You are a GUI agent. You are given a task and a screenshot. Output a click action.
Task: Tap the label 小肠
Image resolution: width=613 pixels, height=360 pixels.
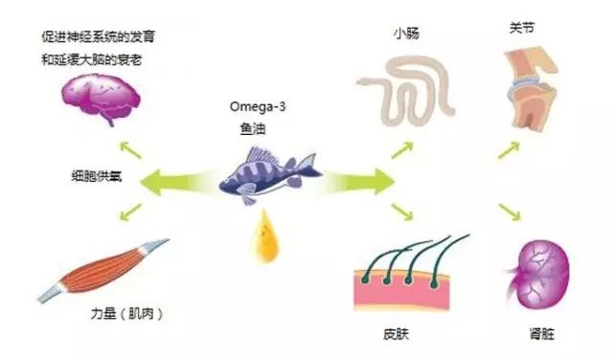pyautogui.click(x=406, y=34)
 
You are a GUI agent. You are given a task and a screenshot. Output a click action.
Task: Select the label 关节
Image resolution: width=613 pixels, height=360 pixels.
pyautogui.click(x=522, y=28)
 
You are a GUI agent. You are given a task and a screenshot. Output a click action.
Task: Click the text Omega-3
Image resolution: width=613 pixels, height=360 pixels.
pyautogui.click(x=258, y=106)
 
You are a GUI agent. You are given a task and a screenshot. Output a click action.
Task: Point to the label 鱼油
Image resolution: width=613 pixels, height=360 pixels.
pyautogui.click(x=253, y=128)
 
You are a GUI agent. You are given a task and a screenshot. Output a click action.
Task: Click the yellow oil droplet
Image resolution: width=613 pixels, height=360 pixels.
pyautogui.click(x=266, y=236)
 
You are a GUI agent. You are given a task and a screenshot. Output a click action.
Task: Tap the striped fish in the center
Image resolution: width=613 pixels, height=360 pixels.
pyautogui.click(x=270, y=174)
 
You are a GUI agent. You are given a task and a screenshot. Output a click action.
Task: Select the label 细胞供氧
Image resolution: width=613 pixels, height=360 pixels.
pyautogui.click(x=97, y=176)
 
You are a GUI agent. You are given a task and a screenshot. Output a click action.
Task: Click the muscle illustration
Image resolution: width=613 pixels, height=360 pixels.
pyautogui.click(x=103, y=271)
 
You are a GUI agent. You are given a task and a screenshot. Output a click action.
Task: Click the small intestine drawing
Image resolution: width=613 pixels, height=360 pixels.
pyautogui.click(x=406, y=92)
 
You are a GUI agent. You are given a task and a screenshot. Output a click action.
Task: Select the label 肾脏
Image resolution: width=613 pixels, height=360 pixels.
pyautogui.click(x=542, y=334)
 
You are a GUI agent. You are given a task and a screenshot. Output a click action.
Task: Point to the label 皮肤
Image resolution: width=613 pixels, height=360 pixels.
pyautogui.click(x=396, y=334)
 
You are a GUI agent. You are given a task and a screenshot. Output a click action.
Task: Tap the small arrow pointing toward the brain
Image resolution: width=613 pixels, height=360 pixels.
pyautogui.click(x=130, y=150)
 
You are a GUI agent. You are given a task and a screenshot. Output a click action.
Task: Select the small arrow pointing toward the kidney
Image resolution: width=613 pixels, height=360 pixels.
pyautogui.click(x=510, y=212)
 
